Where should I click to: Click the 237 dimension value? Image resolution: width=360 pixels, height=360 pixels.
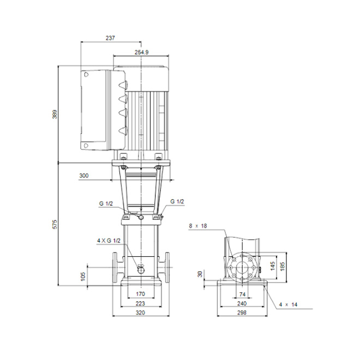tap(110, 38)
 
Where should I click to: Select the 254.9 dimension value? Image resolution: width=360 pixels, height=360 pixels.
tap(141, 52)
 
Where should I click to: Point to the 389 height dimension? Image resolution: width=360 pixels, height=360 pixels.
tap(55, 114)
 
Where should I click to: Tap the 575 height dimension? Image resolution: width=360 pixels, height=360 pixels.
tap(55, 224)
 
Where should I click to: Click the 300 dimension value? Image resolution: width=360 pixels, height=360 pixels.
tap(84, 176)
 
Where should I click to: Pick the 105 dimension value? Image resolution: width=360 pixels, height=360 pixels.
tap(83, 277)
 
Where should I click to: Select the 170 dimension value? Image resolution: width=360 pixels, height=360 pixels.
tap(140, 294)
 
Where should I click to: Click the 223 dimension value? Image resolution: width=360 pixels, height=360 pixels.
tap(140, 303)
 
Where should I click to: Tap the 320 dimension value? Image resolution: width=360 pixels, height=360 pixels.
tap(140, 313)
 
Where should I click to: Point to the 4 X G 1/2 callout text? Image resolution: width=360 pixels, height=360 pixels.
tap(109, 241)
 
